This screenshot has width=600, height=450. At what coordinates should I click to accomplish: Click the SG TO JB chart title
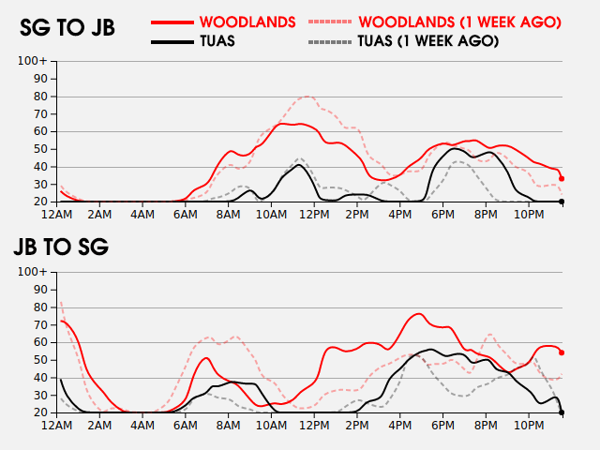pos(67,27)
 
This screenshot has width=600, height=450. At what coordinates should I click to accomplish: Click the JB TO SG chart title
pos(61,247)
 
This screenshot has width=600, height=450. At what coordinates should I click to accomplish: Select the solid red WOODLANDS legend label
pos(247,22)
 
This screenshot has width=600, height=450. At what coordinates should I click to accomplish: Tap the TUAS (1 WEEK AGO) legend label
pos(428,41)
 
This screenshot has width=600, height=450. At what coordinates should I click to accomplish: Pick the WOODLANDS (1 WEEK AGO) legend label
pos(460,22)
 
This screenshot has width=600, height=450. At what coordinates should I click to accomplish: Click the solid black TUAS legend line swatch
pos(172,41)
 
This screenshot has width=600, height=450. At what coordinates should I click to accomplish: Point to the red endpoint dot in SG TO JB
pos(562,179)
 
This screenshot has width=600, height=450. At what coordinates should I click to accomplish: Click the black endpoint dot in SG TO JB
pos(562,202)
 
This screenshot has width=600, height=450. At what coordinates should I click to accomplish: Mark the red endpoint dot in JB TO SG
pos(562,352)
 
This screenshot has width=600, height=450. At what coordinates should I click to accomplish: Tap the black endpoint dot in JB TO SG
pos(562,412)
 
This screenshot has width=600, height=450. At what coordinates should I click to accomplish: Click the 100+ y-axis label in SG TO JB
pos(32,61)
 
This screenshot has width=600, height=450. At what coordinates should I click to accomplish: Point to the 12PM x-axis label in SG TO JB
pos(314,215)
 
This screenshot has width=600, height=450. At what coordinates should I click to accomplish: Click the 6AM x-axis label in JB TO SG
pos(186,426)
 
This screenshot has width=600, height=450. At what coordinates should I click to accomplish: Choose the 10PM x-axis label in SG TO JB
pos(529,215)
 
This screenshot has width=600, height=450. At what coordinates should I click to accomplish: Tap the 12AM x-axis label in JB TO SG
pos(56,426)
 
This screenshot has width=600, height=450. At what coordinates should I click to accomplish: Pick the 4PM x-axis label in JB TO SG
pos(400,426)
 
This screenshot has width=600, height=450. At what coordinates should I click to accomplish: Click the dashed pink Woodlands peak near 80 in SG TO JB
pos(307,97)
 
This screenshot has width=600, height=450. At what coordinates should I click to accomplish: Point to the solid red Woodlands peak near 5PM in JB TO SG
pos(418,314)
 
